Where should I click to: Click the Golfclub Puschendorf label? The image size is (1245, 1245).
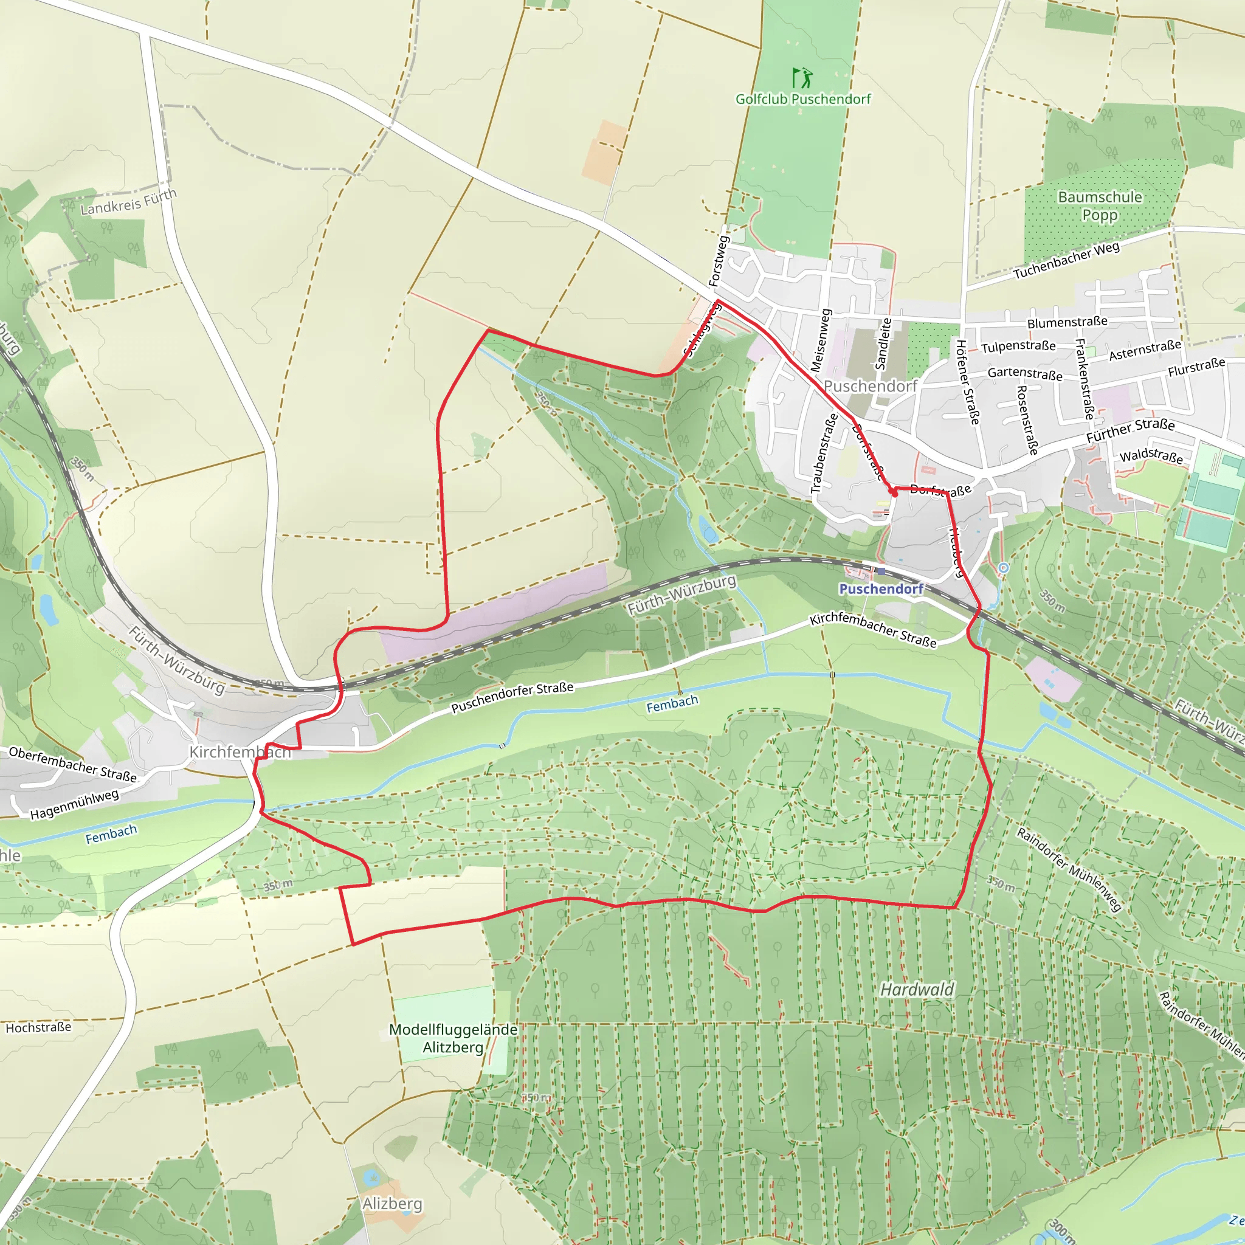[802, 99]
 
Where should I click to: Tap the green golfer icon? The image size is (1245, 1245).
[802, 78]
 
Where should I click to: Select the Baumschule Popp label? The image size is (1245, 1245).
[1099, 205]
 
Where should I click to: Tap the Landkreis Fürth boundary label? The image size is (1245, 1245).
[128, 202]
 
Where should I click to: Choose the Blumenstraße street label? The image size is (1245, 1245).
[1067, 322]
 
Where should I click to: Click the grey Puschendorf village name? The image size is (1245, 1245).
[870, 386]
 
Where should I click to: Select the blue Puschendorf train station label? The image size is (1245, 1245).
[881, 589]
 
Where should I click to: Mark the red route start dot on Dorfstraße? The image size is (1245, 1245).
[893, 492]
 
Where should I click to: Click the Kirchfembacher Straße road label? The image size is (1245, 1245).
[872, 630]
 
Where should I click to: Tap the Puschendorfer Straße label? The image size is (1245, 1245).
[512, 698]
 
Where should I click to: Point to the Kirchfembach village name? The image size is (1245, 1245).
[240, 752]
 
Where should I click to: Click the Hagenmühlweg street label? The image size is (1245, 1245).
[74, 805]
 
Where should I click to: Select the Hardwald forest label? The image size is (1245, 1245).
[917, 989]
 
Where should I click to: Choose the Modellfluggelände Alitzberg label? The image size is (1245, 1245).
[453, 1038]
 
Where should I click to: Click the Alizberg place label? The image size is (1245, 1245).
[392, 1204]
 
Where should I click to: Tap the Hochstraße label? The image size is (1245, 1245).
[39, 1028]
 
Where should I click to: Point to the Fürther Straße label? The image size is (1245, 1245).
[1129, 430]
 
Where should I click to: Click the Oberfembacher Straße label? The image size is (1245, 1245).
[72, 764]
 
